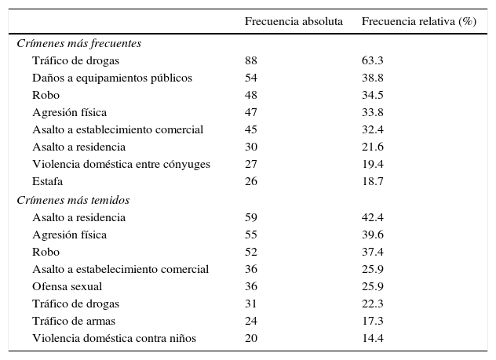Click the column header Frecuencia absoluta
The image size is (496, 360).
pos(294,21)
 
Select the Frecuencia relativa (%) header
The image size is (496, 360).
pos(418,21)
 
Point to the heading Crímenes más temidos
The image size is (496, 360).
pos(73,200)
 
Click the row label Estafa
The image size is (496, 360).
pos(47,181)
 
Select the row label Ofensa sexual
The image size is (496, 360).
pos(67,286)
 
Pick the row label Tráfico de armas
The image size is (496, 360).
pos(74,321)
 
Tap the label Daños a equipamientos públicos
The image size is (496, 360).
pos(112,78)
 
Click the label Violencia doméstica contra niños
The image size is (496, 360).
pos(114,338)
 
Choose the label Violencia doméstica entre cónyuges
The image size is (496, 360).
pos(121,164)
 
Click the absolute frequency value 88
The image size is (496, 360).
pos(251,60)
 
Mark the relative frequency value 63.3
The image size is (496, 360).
pos(372,60)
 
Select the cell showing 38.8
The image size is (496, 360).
pos(372,78)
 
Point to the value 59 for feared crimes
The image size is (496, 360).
pos(251,217)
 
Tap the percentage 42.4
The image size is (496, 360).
pos(372,217)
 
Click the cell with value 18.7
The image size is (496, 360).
pos(372,181)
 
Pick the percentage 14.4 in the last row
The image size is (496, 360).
pos(372,338)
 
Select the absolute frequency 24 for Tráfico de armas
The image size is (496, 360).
pos(251,321)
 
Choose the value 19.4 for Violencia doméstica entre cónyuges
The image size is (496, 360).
pos(372,164)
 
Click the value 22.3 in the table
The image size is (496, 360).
pos(372,304)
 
